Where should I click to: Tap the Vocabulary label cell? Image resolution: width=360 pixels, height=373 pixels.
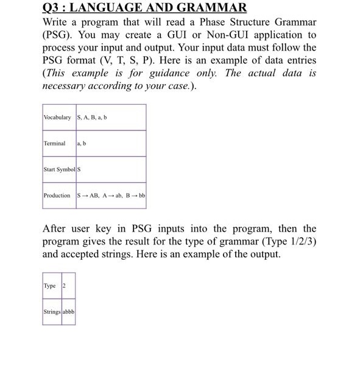coord(58,117)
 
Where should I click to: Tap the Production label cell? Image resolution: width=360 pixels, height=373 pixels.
coord(57,196)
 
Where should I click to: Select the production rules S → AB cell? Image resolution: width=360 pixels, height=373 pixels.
coord(111,196)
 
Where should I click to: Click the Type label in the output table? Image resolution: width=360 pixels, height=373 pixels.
coord(49,286)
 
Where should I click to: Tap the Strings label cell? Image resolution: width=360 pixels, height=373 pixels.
coord(51,312)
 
